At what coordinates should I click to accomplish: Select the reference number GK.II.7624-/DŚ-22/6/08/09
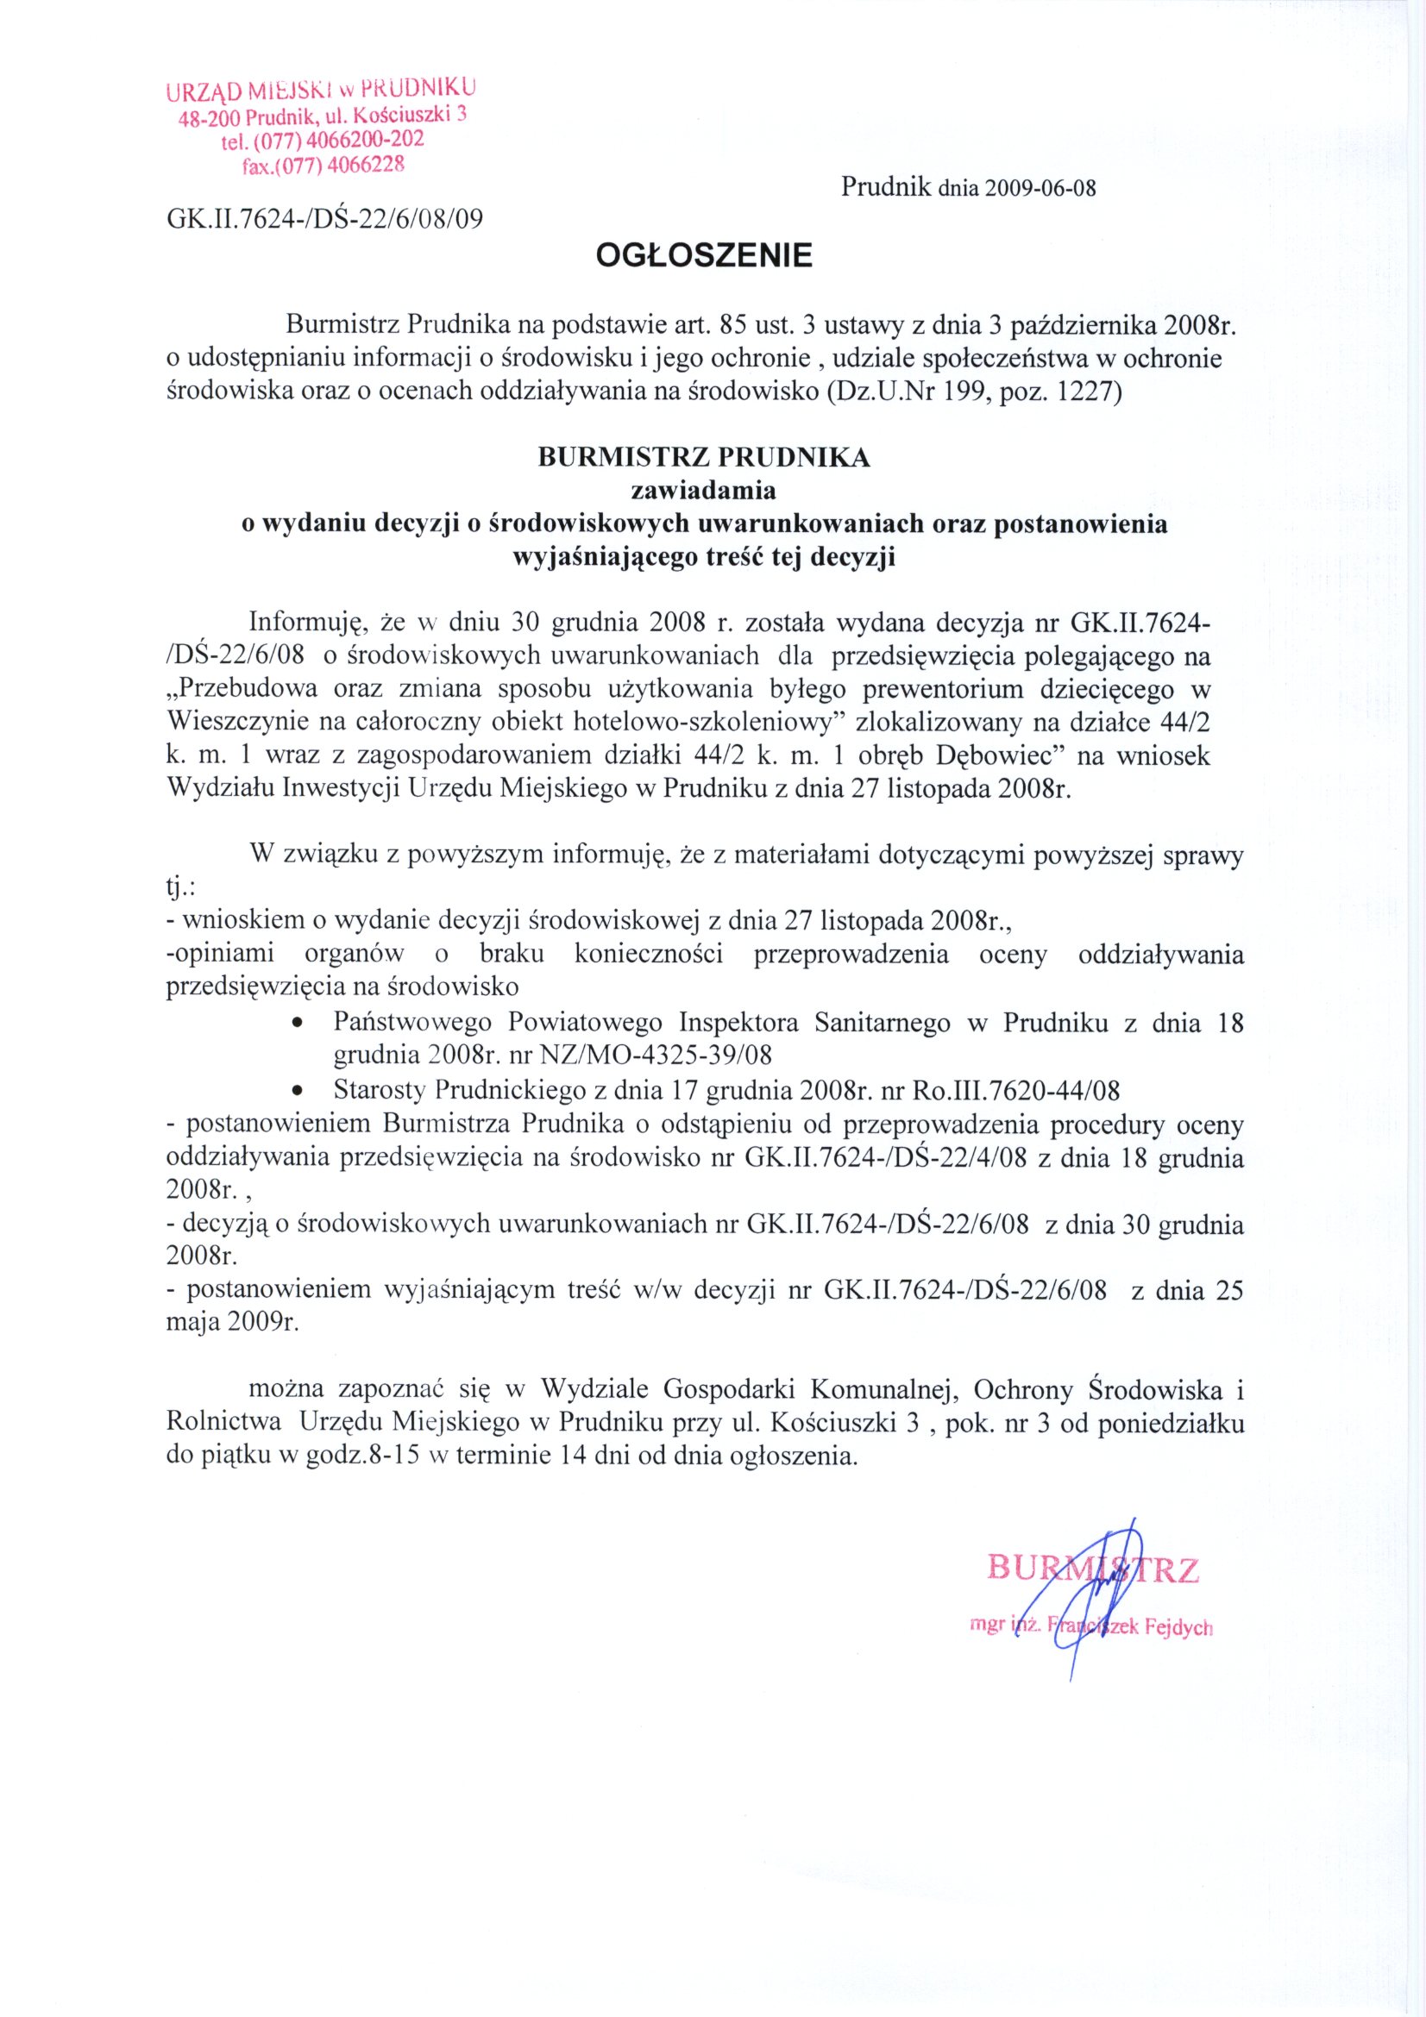[x=325, y=218]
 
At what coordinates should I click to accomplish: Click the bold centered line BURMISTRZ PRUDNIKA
[x=704, y=458]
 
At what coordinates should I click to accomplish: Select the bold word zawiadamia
[x=704, y=490]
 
